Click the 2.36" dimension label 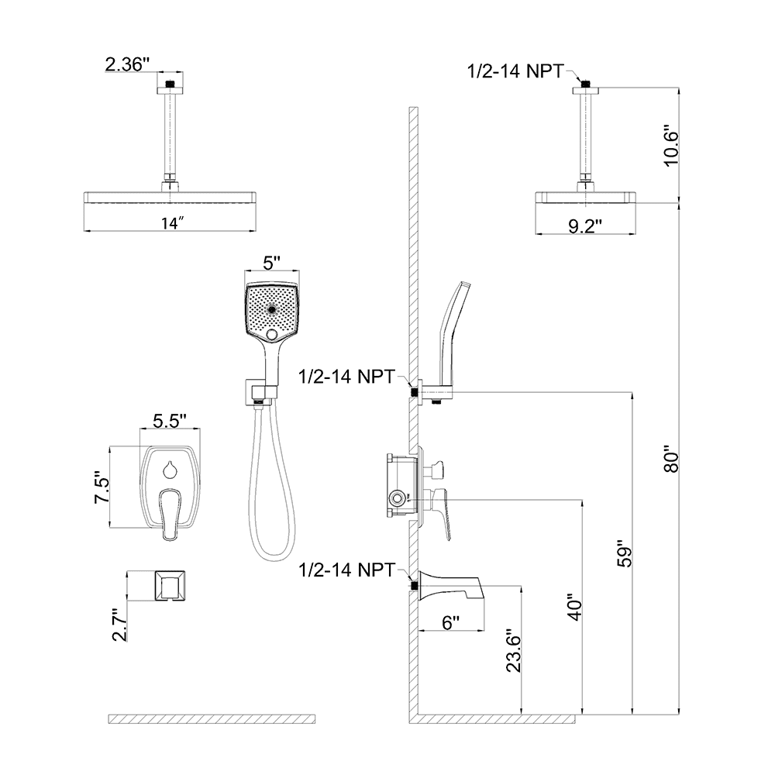[126, 66]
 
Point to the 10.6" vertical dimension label [671, 145]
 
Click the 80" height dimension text [671, 458]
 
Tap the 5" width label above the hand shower [270, 263]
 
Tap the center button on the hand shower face [271, 308]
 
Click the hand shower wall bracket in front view [253, 391]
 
